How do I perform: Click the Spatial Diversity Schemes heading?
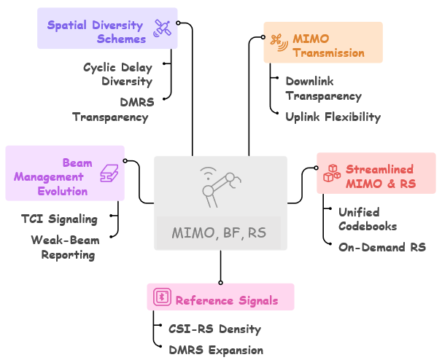(96, 32)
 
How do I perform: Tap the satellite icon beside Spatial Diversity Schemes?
(162, 28)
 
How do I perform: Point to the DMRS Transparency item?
(110, 109)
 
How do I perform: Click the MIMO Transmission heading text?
(328, 45)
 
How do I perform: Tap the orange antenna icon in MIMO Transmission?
(278, 39)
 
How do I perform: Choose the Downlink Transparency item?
(323, 89)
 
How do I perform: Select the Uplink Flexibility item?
(333, 117)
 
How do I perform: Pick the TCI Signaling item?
(59, 219)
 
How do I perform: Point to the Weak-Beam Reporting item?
(63, 247)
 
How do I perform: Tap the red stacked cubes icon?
(333, 173)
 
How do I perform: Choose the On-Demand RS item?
(381, 247)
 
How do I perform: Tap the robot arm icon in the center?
(220, 188)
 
